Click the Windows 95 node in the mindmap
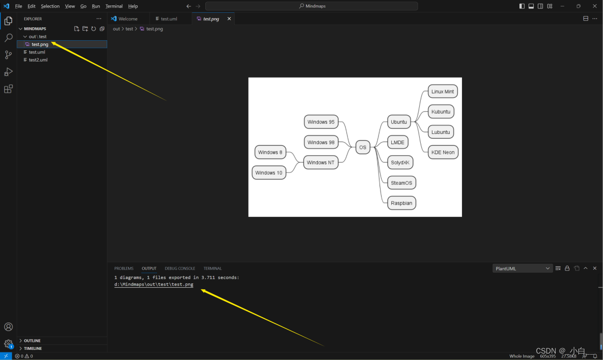[x=321, y=122]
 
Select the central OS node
[x=363, y=147]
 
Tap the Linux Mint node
[x=442, y=92]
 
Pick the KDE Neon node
[x=443, y=152]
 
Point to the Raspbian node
[x=401, y=203]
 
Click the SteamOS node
[x=401, y=183]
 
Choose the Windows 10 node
[x=269, y=172]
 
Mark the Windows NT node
[x=321, y=162]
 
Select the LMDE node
[x=397, y=142]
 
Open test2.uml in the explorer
[x=38, y=60]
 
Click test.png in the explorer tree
[x=40, y=44]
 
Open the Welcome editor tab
[x=128, y=19]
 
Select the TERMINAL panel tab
[x=212, y=268]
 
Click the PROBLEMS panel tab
[x=124, y=268]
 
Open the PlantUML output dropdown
[x=522, y=268]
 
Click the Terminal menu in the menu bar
[x=114, y=6]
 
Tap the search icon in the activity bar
[x=8, y=38]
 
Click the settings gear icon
[x=8, y=344]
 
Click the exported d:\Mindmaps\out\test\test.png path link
[x=154, y=284]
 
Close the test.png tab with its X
[x=229, y=19]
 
